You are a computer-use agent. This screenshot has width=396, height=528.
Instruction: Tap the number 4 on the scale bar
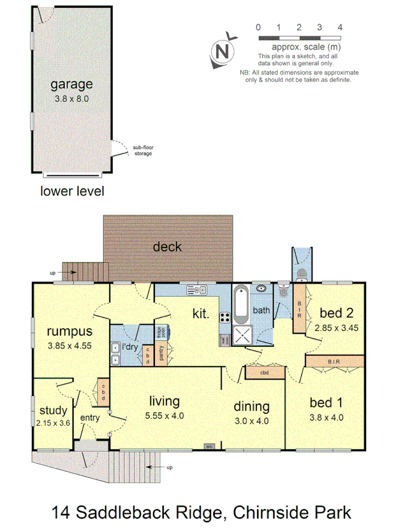point(340,27)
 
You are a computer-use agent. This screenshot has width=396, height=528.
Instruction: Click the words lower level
point(72,191)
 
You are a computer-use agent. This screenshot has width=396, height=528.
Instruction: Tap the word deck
point(167,247)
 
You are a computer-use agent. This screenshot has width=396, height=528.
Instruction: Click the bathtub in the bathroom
point(241,304)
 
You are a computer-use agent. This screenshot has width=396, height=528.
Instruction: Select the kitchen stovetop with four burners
point(225,317)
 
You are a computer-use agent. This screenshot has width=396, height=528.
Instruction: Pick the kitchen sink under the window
point(197,289)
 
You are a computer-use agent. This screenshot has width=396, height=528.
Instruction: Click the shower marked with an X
point(242,336)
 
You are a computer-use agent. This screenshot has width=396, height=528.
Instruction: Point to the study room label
point(53,410)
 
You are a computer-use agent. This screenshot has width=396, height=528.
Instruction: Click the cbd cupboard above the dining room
point(264,373)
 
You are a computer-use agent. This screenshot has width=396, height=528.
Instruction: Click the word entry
point(90,417)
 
